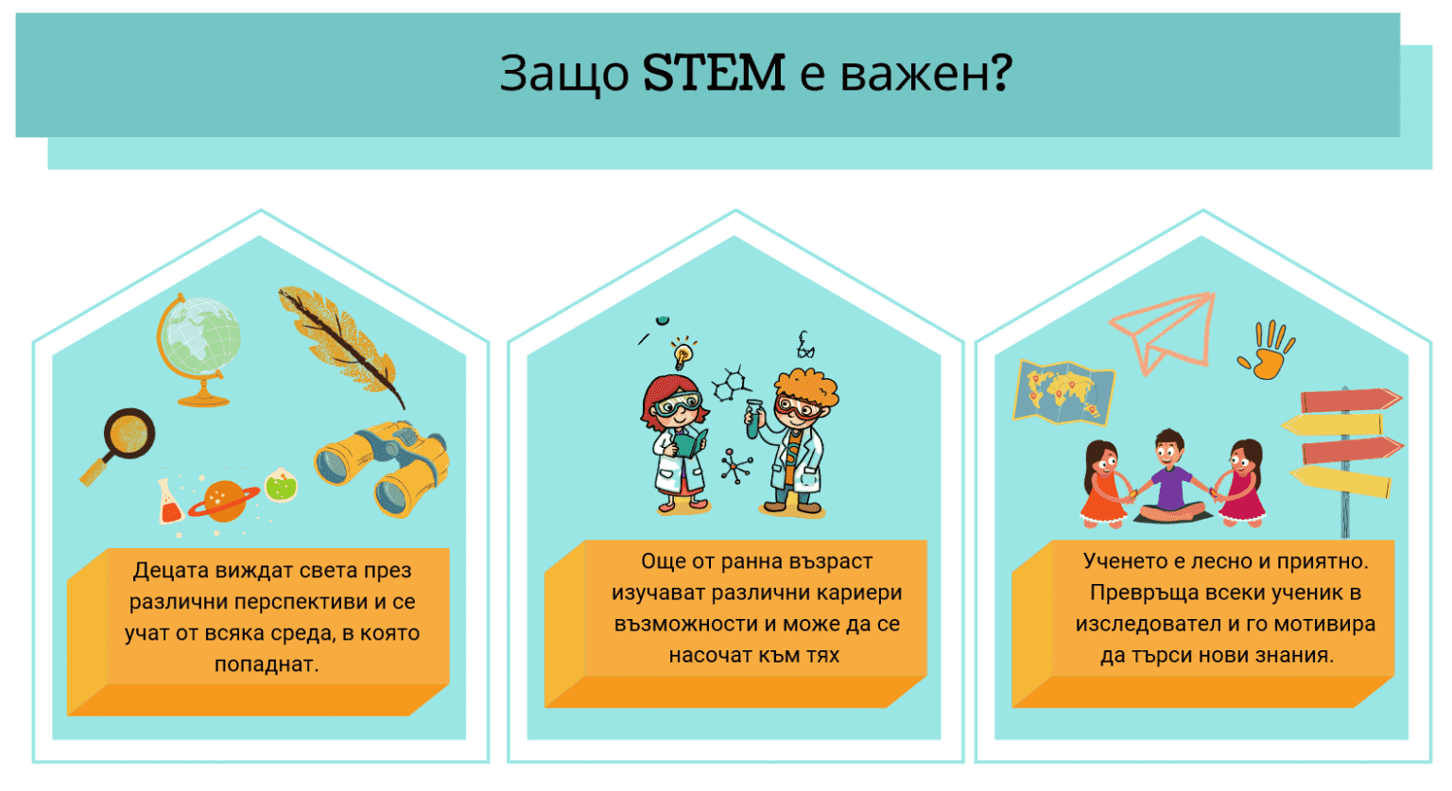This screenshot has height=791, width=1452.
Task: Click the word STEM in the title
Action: pyautogui.click(x=714, y=73)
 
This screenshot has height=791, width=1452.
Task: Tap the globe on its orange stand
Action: pyautogui.click(x=199, y=340)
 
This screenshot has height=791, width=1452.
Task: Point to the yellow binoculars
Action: pyautogui.click(x=383, y=468)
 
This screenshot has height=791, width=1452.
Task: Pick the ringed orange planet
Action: pyautogui.click(x=224, y=501)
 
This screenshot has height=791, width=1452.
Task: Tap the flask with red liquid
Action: pyautogui.click(x=169, y=502)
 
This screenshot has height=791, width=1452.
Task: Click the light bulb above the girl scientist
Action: pyautogui.click(x=683, y=355)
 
